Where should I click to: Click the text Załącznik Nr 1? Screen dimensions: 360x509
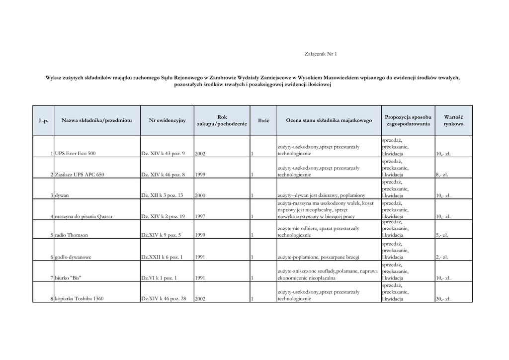pos(320,54)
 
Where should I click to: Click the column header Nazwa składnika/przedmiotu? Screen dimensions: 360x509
pos(97,120)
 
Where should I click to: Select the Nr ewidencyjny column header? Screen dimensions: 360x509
pos(167,120)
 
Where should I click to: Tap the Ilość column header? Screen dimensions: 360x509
pos(263,120)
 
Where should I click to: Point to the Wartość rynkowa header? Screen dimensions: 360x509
pos(453,120)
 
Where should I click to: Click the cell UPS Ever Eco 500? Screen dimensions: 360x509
pos(75,154)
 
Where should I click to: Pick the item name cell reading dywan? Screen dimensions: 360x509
pos(62,196)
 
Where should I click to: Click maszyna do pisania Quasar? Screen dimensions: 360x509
pos(84,217)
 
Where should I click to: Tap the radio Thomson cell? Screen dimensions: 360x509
pos(73,235)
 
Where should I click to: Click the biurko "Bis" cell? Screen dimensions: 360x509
pos(68,278)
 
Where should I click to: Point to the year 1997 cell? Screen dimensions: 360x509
pos(200,217)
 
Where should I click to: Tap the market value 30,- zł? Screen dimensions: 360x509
pos(443,299)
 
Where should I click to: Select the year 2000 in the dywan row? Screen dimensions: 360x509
pos(200,196)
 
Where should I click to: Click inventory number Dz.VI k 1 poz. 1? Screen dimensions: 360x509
pos(160,278)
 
